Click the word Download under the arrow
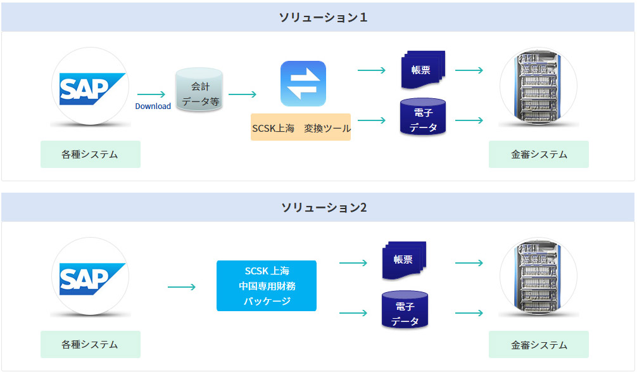pos(153,106)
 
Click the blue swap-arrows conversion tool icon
pos(303,84)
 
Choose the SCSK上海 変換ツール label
pos(301,128)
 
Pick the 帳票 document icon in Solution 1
pos(423,68)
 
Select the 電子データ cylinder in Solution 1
pos(423,117)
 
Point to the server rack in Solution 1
pos(538,87)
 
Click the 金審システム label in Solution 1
pos(539,155)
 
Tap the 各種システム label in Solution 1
pos(90,155)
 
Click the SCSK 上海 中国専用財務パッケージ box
pos(267,286)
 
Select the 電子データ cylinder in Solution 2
pos(404,310)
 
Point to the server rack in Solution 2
pos(538,277)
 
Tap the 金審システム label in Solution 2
pos(539,345)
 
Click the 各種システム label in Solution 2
pos(90,345)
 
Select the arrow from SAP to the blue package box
pos(182,287)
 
